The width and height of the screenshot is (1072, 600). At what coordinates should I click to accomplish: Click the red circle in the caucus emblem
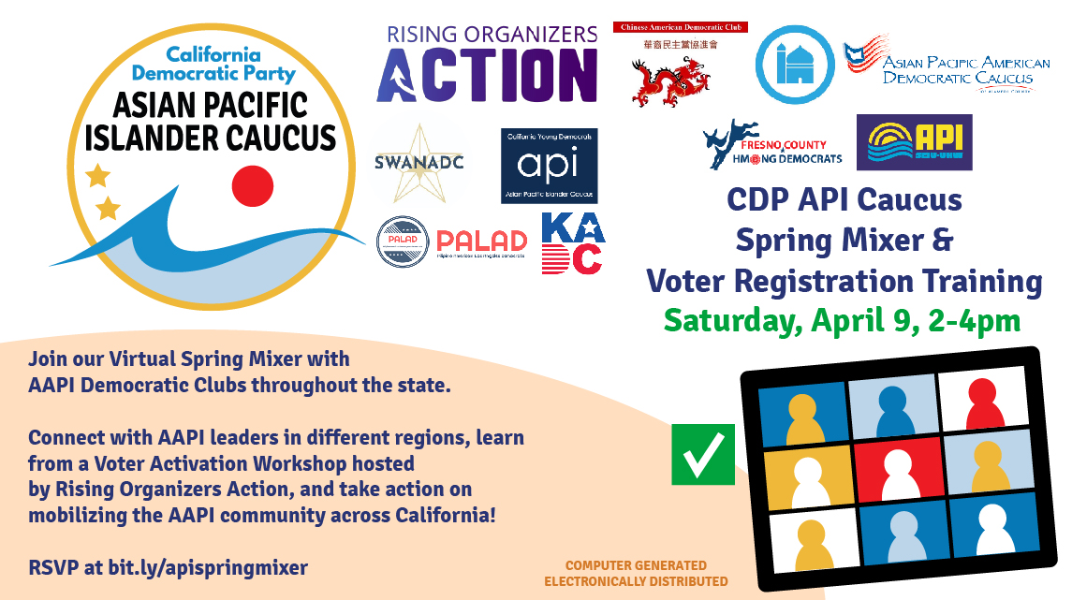pos(252,185)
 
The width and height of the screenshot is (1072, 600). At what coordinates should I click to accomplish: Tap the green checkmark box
pos(702,454)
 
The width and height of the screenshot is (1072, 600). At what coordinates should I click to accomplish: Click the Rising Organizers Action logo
pos(487,64)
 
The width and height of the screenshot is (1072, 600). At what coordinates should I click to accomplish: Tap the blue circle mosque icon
pos(796,64)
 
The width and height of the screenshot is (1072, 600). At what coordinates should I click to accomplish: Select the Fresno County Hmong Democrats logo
pos(772,145)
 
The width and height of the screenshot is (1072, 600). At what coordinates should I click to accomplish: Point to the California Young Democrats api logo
pos(549,166)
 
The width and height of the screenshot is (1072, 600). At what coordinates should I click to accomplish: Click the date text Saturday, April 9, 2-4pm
pos(842,321)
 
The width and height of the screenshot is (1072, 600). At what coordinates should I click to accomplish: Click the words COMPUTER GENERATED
pos(636,565)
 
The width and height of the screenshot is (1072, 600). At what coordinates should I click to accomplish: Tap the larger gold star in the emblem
pos(95,175)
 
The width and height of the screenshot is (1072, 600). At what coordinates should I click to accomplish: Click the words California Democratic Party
pos(213,62)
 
